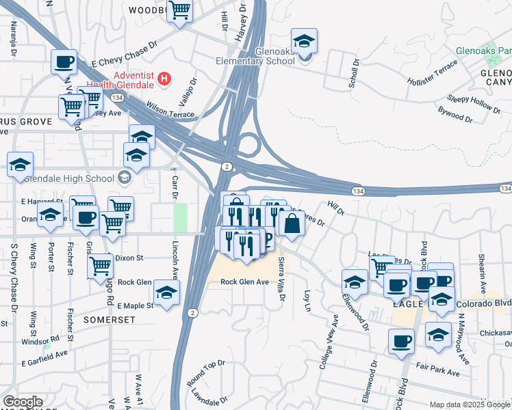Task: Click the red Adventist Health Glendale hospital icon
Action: click(164, 79)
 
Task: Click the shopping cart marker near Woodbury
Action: click(179, 11)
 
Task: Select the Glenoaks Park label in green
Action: click(486, 51)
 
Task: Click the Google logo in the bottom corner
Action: click(23, 402)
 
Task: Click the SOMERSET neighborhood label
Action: click(106, 319)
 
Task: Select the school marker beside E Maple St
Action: click(166, 292)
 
